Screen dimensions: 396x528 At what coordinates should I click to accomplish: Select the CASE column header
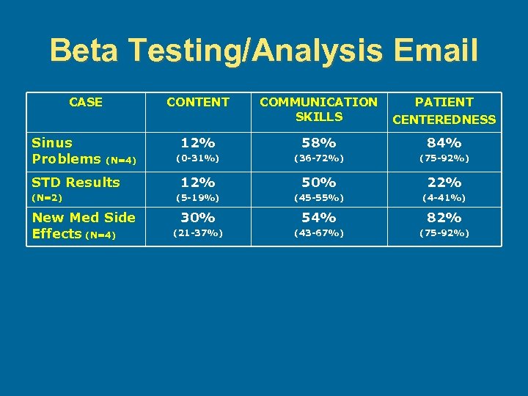point(86,102)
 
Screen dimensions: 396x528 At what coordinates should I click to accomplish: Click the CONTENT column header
point(198,102)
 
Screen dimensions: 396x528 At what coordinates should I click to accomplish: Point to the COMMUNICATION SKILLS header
point(319,109)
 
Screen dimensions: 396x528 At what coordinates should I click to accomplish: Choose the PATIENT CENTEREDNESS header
point(444,110)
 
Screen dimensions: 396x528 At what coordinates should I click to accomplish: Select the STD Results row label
point(76,182)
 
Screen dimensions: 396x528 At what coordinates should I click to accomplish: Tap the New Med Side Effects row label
point(83,225)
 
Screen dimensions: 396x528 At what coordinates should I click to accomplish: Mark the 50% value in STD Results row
point(319,182)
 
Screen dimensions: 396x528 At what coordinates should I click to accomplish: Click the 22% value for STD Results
point(444,182)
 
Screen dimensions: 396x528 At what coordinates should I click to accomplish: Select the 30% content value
point(198,217)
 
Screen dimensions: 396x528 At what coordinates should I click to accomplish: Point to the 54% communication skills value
point(319,217)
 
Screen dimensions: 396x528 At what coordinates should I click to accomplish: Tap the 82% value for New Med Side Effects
point(444,217)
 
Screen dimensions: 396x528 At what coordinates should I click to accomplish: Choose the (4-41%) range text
point(444,198)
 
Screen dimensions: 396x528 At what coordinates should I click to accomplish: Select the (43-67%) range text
point(319,233)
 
